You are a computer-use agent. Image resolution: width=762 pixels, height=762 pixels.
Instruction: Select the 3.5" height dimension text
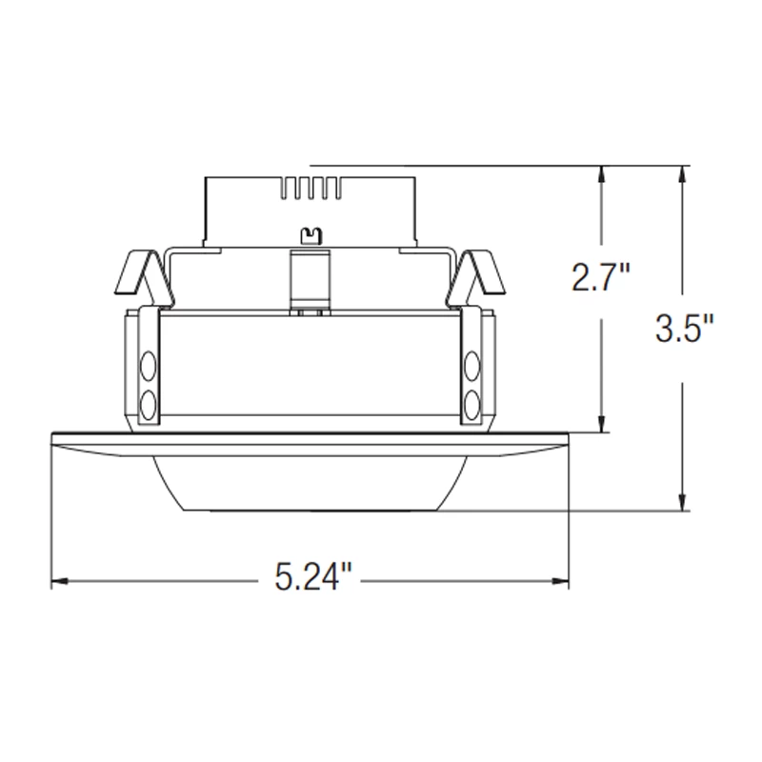coord(683,330)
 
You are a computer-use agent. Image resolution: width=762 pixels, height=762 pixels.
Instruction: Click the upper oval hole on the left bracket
coord(148,366)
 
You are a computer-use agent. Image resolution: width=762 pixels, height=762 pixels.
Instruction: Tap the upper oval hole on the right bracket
coord(471,366)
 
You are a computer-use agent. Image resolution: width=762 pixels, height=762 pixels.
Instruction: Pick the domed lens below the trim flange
coord(309,486)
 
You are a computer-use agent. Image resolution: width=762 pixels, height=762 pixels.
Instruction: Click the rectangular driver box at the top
coord(310,210)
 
